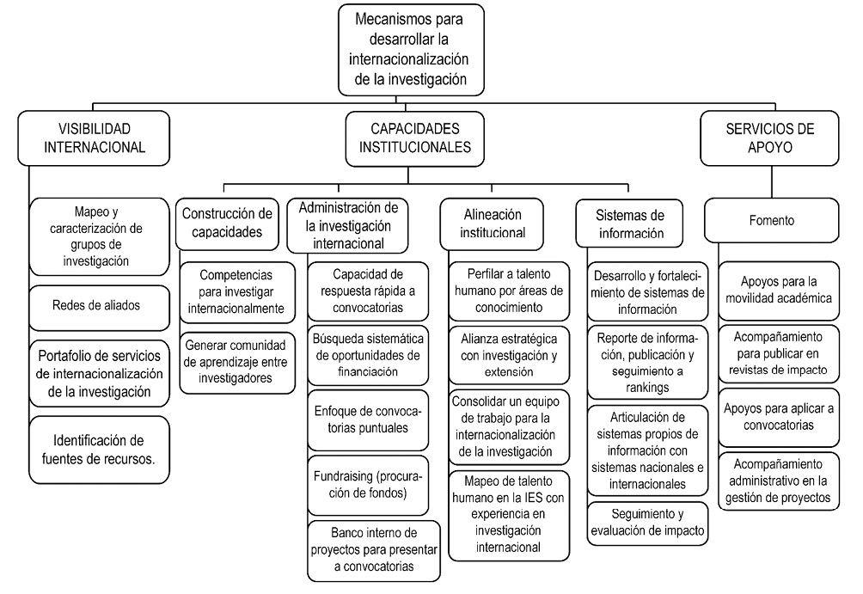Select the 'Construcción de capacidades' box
[228, 223]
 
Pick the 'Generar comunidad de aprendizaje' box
[236, 360]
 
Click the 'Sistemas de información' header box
[630, 222]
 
